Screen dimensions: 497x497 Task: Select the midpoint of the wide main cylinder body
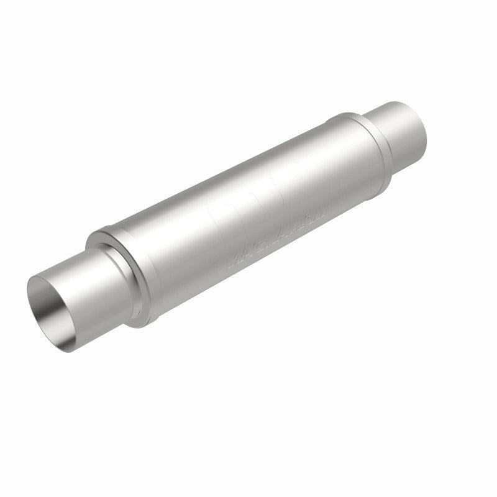coord(248,211)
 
